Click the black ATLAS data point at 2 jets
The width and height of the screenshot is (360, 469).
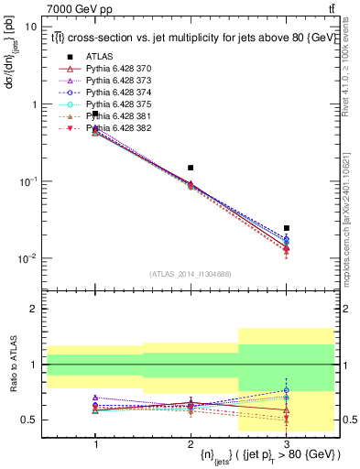(x=191, y=168)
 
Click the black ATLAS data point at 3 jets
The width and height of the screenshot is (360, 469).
(x=286, y=228)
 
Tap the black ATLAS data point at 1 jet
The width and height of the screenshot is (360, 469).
(x=95, y=114)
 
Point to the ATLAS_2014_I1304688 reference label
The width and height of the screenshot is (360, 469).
(x=191, y=274)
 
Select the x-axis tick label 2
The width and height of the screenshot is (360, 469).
(x=191, y=443)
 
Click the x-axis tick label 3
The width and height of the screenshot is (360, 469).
(x=286, y=443)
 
